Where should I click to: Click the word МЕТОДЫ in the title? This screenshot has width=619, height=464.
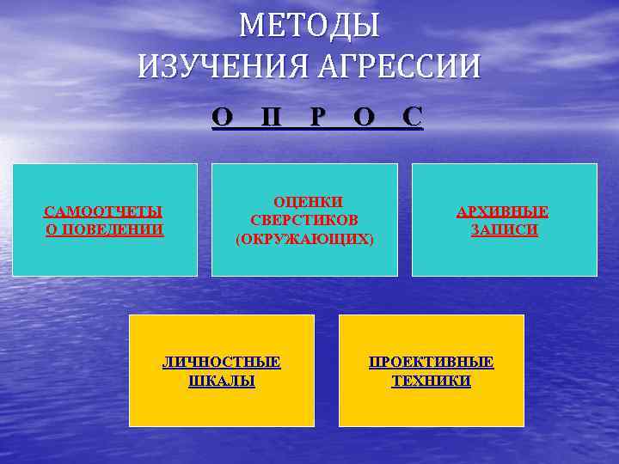point(309,26)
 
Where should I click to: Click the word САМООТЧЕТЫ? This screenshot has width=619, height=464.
point(104,211)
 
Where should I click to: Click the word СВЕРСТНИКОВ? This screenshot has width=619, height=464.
point(304,220)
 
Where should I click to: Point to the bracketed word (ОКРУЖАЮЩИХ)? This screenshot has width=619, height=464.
point(304,239)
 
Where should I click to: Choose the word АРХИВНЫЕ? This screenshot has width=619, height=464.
point(503,211)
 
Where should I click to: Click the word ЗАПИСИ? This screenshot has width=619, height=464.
point(504,229)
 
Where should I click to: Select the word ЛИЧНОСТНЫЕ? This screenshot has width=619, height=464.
point(222,362)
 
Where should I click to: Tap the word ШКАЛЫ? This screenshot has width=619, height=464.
point(222,381)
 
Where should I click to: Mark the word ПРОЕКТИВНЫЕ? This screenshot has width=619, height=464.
point(432,362)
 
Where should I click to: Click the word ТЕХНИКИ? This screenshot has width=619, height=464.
point(432,381)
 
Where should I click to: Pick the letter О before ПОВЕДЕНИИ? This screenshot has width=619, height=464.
point(50,229)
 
